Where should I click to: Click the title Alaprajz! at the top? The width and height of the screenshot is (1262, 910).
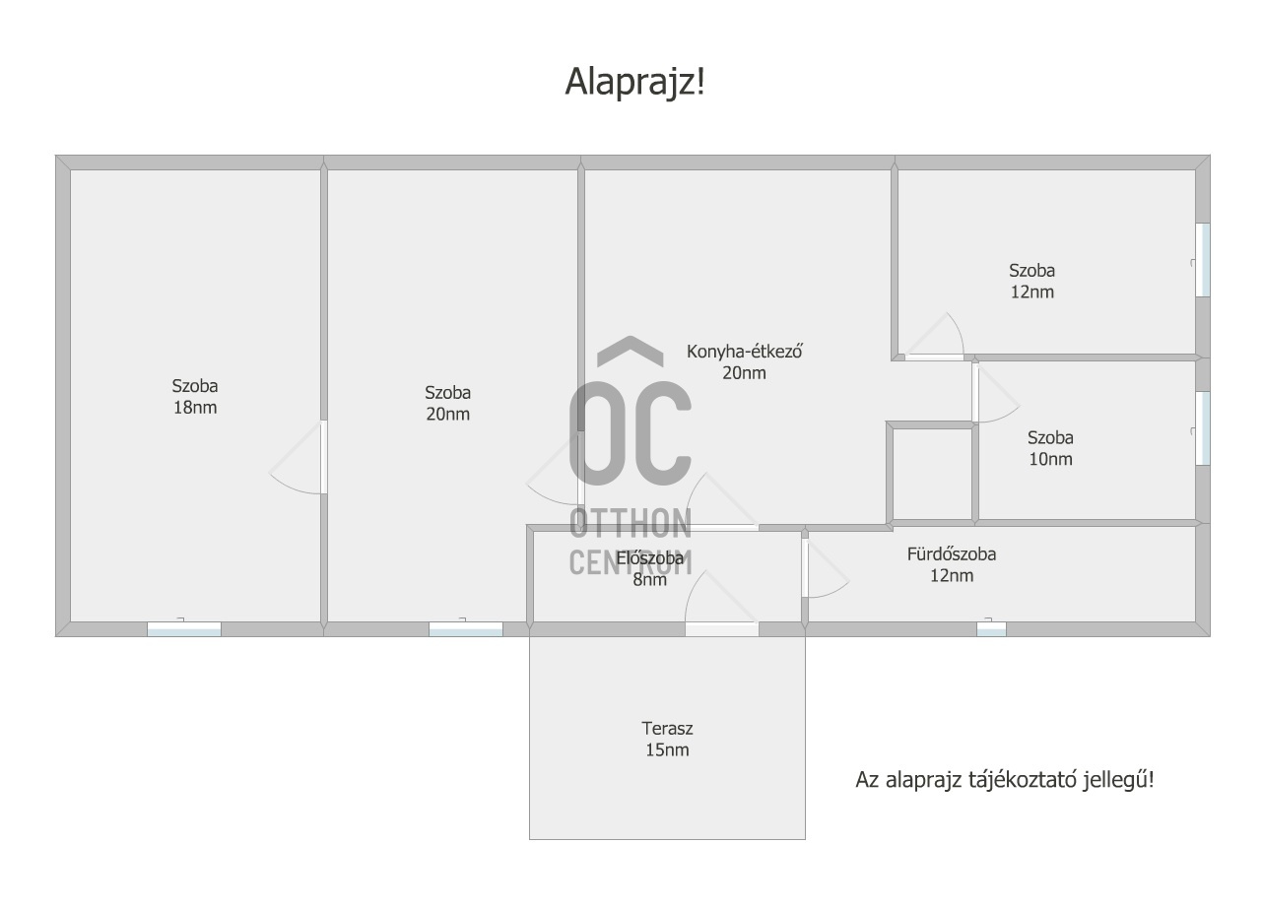tap(635, 82)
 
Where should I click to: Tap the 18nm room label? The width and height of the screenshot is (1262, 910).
tap(195, 397)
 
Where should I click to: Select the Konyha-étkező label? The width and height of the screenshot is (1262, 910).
tap(744, 362)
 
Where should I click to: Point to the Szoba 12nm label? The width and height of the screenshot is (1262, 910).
tap(1031, 281)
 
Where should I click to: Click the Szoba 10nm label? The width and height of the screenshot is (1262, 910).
tap(1050, 448)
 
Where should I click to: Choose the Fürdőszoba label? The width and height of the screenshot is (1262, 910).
tap(952, 564)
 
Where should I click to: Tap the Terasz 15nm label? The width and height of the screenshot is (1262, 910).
tap(667, 739)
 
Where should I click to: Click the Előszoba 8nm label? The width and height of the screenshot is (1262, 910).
tap(649, 569)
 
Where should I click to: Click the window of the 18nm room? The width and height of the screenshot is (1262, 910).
tap(184, 629)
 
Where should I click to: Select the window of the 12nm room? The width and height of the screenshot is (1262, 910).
tap(1203, 260)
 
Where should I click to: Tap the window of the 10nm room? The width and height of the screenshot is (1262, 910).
tap(1203, 428)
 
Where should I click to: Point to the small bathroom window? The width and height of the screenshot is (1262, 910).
tap(991, 629)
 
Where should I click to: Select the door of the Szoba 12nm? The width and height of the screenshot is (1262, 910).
tap(934, 337)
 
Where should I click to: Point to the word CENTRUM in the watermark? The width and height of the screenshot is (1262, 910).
tap(631, 561)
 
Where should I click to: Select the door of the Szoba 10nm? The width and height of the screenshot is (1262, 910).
tap(996, 393)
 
